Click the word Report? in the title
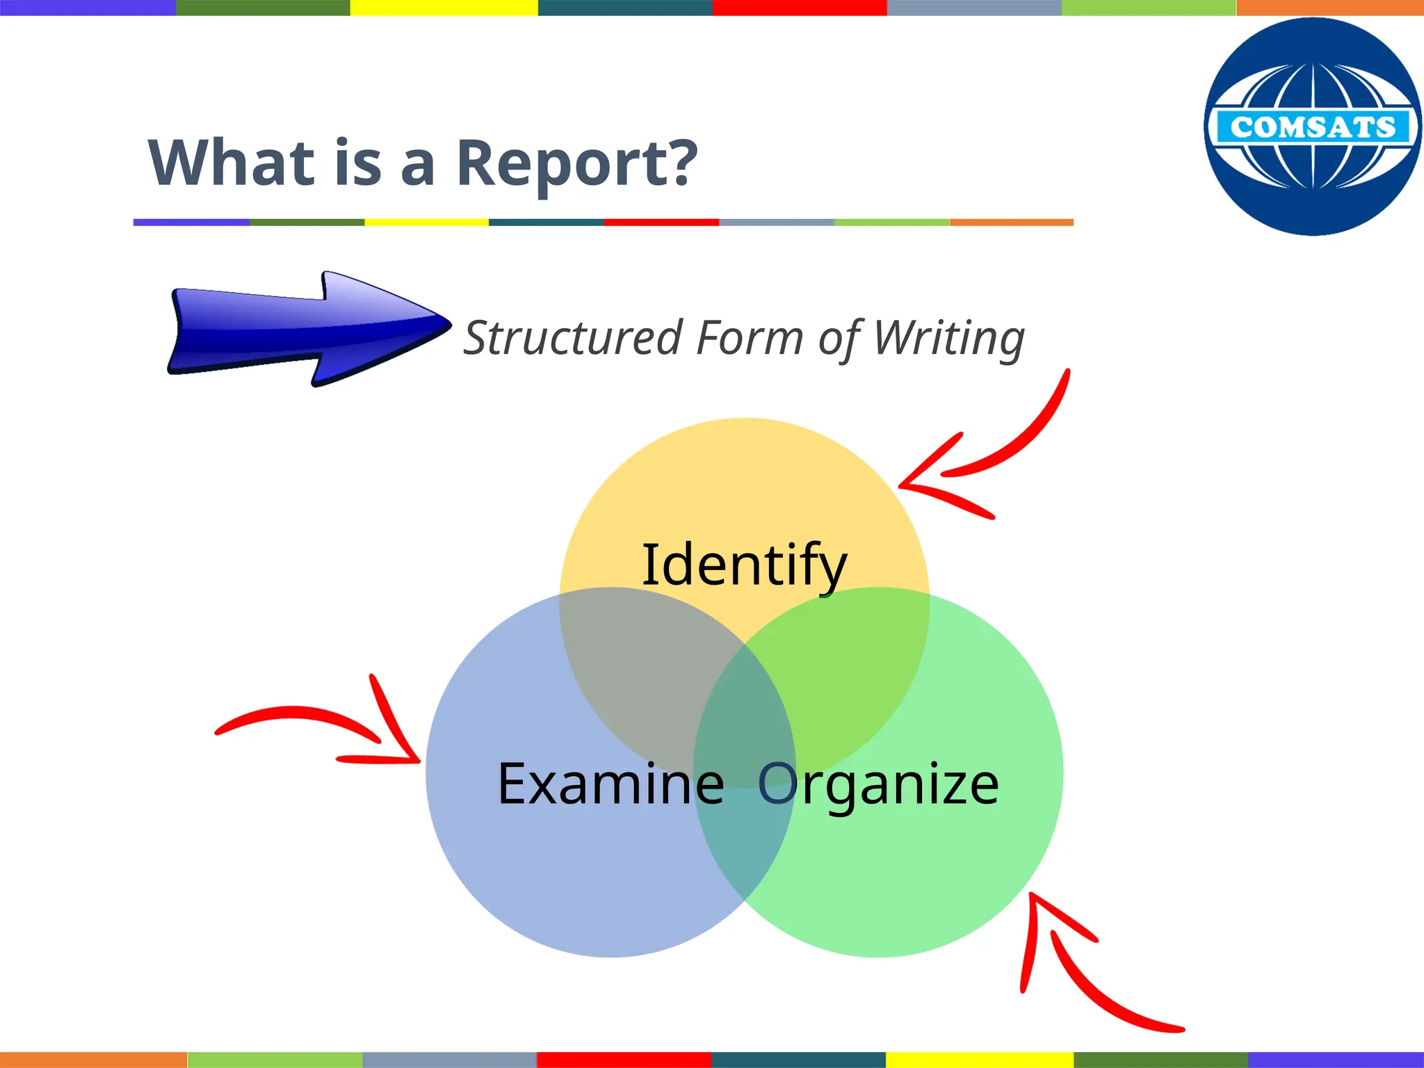(x=576, y=163)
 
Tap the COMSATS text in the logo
(x=1312, y=127)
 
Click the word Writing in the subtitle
(x=948, y=338)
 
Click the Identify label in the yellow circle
(x=744, y=565)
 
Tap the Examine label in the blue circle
(x=610, y=784)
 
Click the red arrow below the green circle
(x=1085, y=973)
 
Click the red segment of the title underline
(x=661, y=222)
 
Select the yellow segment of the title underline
(x=426, y=222)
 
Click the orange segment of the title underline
(x=1012, y=222)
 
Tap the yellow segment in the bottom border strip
(x=979, y=1060)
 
